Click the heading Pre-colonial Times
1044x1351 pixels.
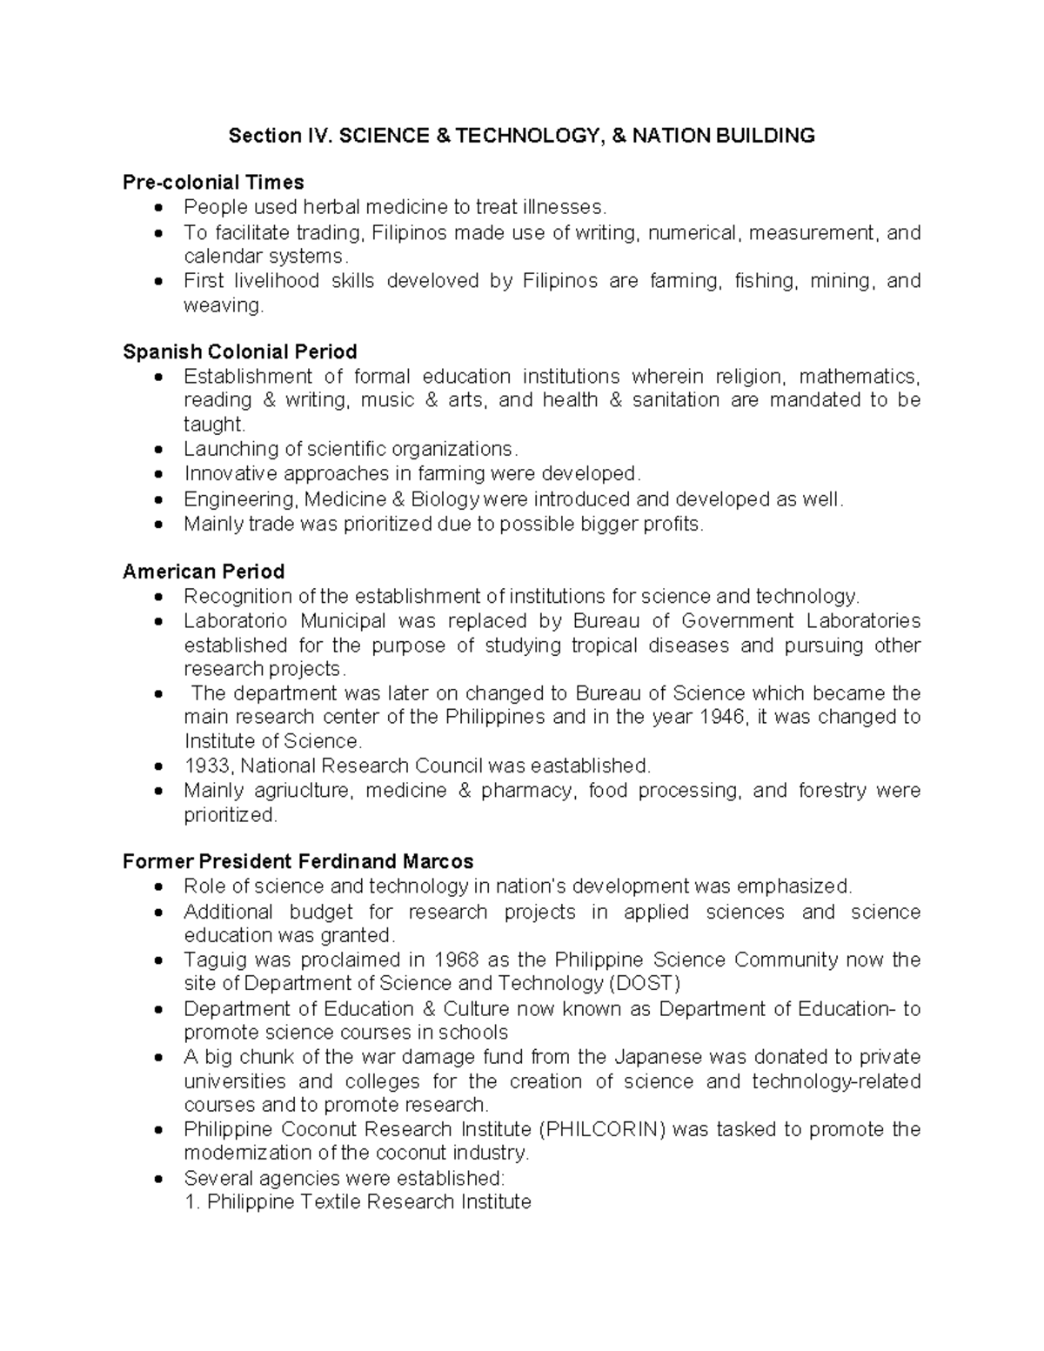(213, 182)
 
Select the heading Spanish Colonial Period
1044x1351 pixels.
(239, 351)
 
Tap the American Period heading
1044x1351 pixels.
(204, 572)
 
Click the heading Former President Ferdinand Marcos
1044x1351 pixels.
(298, 861)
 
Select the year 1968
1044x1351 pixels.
(455, 960)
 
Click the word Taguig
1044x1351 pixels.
(213, 960)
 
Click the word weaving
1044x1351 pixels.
(222, 305)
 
